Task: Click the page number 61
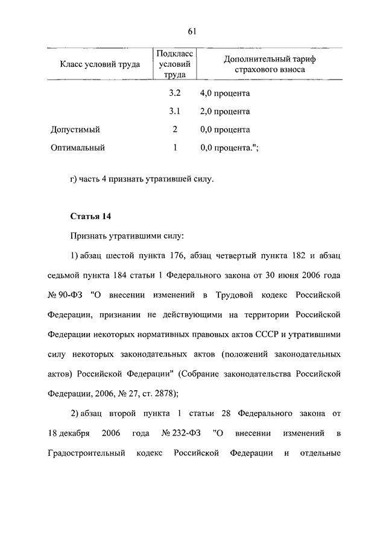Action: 193,32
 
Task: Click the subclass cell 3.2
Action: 175,94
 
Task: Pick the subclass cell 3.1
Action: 175,111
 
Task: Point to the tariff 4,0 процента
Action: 224,94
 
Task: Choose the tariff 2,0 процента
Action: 224,111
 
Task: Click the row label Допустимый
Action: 75,129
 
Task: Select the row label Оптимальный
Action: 78,147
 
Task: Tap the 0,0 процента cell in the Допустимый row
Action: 224,129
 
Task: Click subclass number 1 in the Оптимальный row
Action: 175,147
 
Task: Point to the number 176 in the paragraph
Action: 176,255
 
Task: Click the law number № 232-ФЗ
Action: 182,433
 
